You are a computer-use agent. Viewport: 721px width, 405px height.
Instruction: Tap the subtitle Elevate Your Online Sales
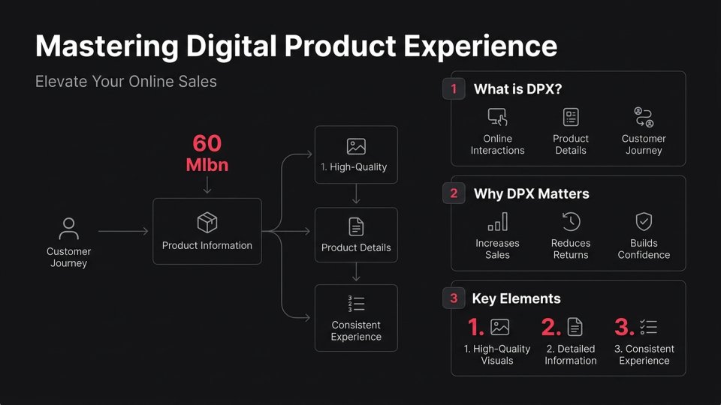(x=125, y=82)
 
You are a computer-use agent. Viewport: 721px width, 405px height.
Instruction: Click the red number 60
(x=207, y=143)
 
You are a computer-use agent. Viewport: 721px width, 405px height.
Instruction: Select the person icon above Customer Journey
(x=69, y=228)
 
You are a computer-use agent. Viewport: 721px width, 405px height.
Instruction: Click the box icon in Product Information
(x=207, y=222)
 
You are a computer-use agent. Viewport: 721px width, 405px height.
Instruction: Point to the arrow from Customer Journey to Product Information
(x=123, y=232)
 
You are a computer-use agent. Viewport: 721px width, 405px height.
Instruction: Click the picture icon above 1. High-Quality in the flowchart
(x=356, y=146)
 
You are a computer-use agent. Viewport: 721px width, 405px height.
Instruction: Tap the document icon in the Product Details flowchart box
(x=356, y=226)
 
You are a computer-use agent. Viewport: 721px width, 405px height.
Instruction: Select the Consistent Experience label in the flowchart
(x=356, y=331)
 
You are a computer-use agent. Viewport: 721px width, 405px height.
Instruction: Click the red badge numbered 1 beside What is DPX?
(x=454, y=89)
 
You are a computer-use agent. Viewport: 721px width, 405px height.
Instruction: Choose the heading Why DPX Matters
(x=531, y=193)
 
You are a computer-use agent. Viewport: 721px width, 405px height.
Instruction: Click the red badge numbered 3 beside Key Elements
(x=454, y=298)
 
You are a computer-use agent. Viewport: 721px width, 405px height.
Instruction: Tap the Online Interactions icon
(x=497, y=117)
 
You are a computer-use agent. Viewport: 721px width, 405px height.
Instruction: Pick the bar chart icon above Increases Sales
(x=497, y=222)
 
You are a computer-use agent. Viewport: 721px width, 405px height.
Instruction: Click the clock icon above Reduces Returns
(x=571, y=221)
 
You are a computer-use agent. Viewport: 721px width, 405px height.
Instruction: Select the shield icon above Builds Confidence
(x=644, y=221)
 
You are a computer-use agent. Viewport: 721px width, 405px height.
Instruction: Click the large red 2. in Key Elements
(x=551, y=327)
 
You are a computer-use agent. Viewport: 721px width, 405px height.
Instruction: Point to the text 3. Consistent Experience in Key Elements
(x=644, y=355)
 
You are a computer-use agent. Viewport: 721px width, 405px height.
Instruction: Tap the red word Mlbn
(x=207, y=165)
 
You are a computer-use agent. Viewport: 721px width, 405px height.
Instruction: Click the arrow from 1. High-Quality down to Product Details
(x=356, y=193)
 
